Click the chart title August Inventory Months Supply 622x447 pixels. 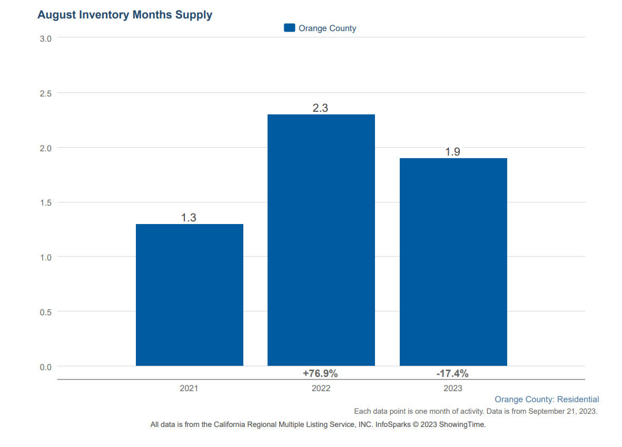point(125,15)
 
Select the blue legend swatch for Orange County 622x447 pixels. point(289,28)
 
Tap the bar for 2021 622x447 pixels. point(190,295)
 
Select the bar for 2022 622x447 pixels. point(321,240)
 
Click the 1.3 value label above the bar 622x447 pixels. point(189,217)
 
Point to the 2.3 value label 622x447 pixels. point(320,108)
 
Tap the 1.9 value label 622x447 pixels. point(452,152)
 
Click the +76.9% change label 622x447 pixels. point(320,374)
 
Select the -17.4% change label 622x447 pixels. point(452,374)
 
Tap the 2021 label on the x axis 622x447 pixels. point(189,388)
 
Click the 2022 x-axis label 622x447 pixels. point(321,388)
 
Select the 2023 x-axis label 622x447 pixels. point(452,388)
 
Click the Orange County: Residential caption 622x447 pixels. point(547,400)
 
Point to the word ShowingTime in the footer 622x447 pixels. point(462,424)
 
